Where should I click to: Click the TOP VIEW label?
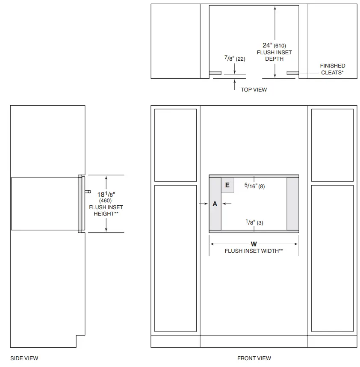point(254,89)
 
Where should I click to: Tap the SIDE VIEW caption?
point(24,358)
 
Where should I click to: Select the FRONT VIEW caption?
point(254,358)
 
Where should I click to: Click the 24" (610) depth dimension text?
point(274,45)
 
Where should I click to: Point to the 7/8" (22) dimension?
point(235,59)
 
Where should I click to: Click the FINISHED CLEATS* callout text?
point(332,69)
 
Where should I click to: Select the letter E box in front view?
point(227,185)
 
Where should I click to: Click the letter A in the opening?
point(215,204)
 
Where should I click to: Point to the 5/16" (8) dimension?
point(254,186)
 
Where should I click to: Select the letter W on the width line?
point(254,244)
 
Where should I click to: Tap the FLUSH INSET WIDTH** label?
point(254,251)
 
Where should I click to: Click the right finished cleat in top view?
point(292,73)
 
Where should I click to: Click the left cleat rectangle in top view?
point(215,73)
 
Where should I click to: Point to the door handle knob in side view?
point(89,192)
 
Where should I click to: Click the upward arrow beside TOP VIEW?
point(235,85)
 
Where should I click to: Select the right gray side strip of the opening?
point(292,204)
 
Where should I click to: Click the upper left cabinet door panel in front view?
point(175,145)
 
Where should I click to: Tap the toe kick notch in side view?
point(80,341)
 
